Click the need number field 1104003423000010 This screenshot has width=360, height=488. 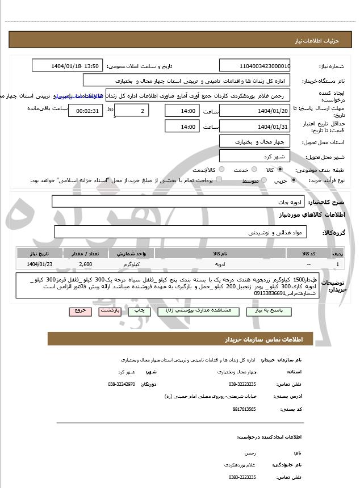255,66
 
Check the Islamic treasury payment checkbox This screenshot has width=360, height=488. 220,180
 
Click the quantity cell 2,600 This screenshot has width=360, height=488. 86,264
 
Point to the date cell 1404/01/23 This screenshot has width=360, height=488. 40,264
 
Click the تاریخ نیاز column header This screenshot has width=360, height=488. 40,254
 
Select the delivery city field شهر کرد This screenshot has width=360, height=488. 254,155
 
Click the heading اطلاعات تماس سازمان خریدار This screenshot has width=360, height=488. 265,339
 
